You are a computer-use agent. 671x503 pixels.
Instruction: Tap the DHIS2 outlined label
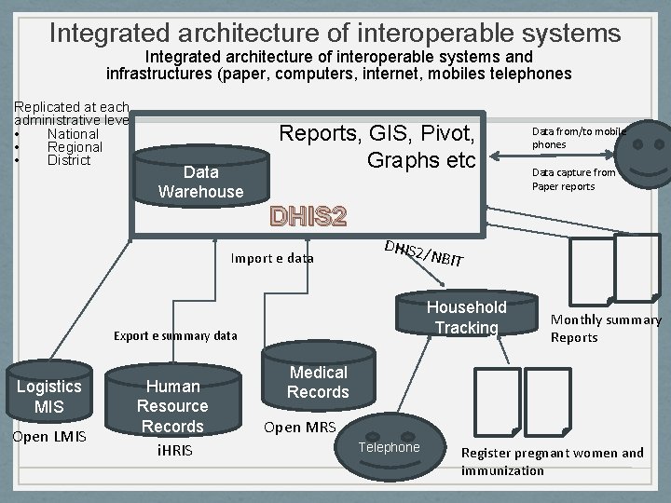(308, 216)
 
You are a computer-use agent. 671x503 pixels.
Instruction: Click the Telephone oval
(390, 447)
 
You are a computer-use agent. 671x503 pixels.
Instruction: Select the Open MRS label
(299, 428)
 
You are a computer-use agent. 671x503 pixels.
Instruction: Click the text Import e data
(272, 258)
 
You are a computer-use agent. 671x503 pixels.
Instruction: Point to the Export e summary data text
(175, 335)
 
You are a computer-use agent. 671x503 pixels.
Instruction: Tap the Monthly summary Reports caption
(605, 328)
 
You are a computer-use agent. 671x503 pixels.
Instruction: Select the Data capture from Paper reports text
(573, 179)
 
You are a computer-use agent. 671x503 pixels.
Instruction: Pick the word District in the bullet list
(69, 160)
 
